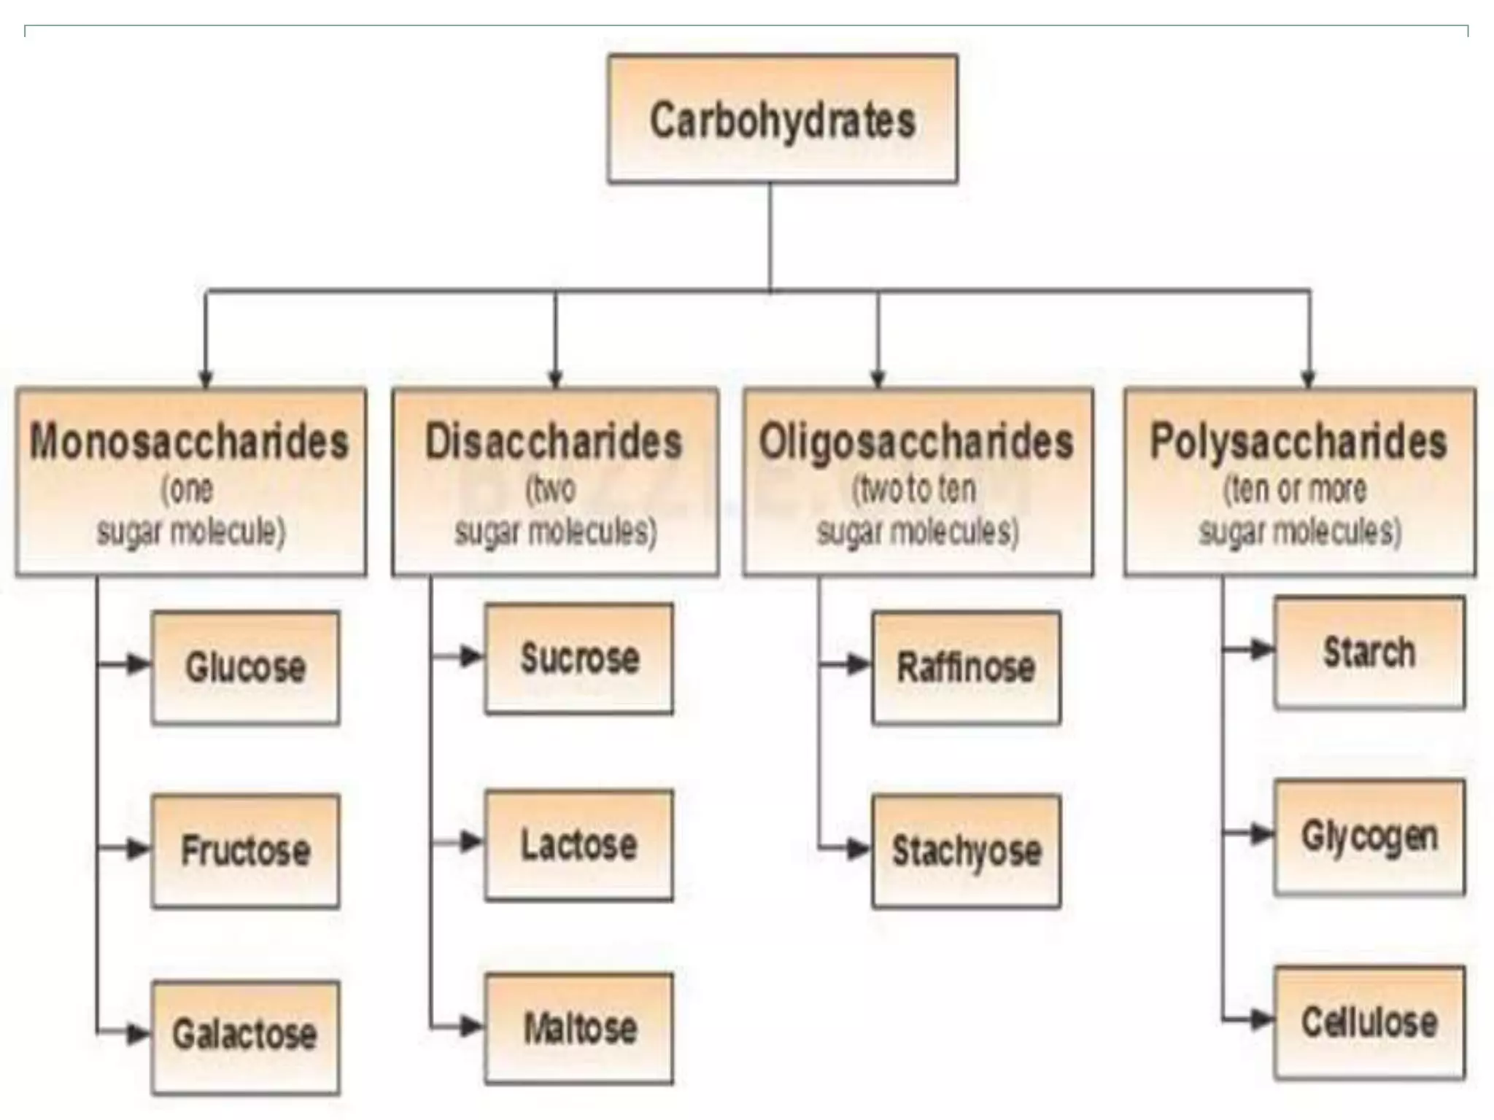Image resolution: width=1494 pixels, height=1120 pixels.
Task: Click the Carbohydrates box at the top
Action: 782,119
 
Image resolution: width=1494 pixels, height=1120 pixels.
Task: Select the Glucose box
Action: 245,667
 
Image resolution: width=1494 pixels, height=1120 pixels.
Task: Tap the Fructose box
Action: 245,850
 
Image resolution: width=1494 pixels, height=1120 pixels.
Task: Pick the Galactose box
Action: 245,1035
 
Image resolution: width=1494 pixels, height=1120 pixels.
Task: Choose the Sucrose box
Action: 579,658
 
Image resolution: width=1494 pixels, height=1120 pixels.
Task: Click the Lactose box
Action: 579,844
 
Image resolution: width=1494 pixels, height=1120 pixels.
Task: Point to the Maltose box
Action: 579,1028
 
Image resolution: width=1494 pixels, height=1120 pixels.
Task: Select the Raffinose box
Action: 966,667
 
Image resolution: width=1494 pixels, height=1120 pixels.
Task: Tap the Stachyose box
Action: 966,850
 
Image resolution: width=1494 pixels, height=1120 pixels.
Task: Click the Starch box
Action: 1369,652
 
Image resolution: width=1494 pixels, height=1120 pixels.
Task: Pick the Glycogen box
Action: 1369,836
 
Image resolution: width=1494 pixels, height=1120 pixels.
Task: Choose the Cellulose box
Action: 1369,1022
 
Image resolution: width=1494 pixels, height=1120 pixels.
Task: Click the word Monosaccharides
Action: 190,442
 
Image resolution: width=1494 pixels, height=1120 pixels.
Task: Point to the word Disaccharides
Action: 554,442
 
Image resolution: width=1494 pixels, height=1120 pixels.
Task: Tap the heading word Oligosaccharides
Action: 917,442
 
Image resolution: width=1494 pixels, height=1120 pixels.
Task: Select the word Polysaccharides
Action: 1299,442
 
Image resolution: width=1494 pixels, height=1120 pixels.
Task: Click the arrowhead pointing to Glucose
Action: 137,664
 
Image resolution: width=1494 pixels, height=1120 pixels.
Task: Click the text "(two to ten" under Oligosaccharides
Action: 915,489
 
